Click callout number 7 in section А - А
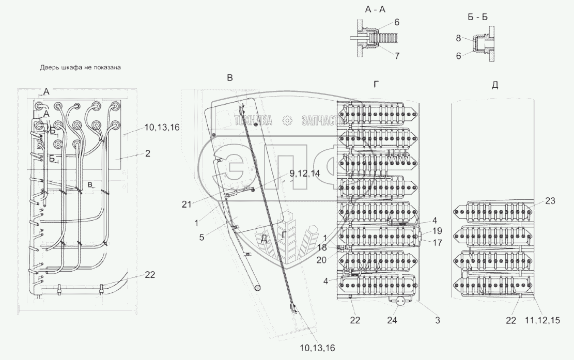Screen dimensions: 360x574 397,56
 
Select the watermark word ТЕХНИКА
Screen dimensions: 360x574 254,120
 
